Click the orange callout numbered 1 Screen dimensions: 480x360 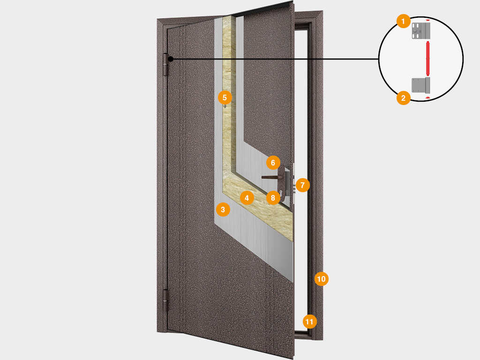(404, 21)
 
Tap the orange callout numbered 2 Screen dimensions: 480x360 (404, 98)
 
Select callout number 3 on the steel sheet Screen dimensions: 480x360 (223, 210)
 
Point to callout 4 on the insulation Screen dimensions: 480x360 (247, 198)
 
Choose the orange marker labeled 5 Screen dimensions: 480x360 (225, 97)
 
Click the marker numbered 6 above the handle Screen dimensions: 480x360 (273, 163)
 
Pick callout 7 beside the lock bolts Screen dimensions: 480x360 (302, 185)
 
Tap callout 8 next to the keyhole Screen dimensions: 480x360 (273, 198)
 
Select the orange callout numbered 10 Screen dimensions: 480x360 (322, 279)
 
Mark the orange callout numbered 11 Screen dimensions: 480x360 (309, 322)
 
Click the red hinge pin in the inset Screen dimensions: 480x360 (427, 58)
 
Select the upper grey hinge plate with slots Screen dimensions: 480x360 (421, 30)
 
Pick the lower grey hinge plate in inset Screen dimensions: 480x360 (421, 85)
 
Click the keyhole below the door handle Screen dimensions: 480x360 (280, 193)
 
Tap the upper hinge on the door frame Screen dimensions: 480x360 (166, 65)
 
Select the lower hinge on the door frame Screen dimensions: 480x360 (166, 300)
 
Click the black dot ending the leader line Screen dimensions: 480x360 (171, 59)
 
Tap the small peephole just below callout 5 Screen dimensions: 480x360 (225, 106)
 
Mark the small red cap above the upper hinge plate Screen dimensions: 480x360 (427, 20)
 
